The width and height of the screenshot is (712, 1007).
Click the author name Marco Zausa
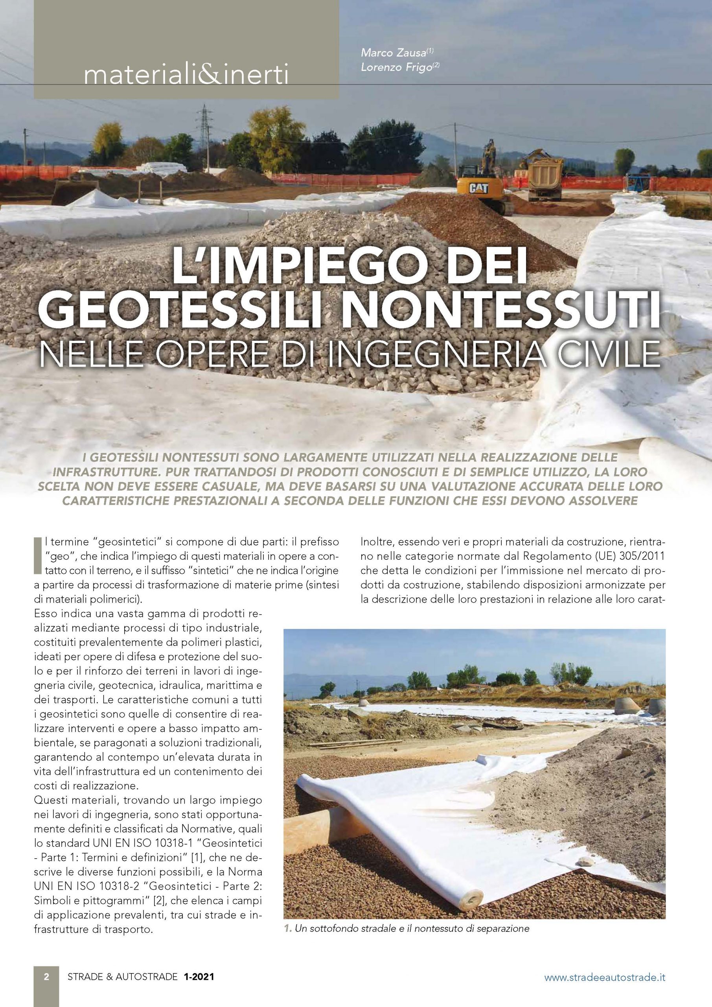click(x=394, y=53)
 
